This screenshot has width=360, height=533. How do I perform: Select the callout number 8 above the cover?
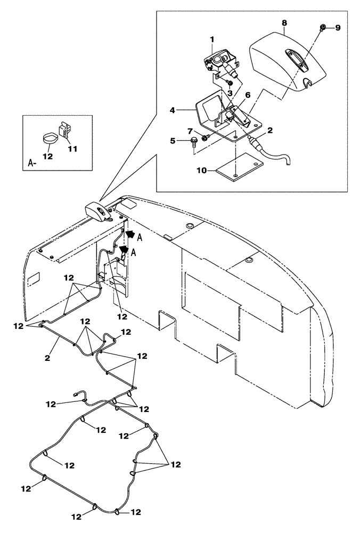pyautogui.click(x=284, y=24)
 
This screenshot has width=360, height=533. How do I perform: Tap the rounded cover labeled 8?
pyautogui.click(x=288, y=61)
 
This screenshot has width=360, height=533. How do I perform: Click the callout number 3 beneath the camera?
pyautogui.click(x=230, y=93)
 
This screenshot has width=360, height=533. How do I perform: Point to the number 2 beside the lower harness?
pyautogui.click(x=47, y=358)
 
